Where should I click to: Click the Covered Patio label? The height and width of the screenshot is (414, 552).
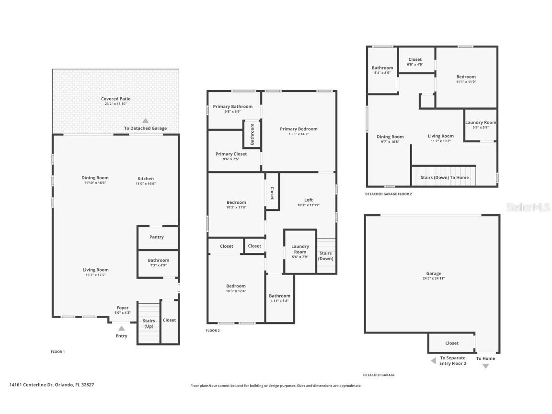point(115,99)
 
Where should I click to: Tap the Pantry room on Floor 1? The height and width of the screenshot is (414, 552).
point(156,237)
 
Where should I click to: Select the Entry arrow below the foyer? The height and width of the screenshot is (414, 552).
point(122,328)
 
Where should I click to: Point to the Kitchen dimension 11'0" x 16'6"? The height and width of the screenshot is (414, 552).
point(146,184)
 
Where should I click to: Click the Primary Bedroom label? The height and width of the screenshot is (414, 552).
point(299,129)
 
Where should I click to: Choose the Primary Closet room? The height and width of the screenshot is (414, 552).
point(231,154)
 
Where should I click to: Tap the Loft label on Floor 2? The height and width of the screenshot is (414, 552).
point(309,200)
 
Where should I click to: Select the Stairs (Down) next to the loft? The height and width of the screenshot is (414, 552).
point(326,256)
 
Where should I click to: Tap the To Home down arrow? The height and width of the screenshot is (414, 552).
point(485,366)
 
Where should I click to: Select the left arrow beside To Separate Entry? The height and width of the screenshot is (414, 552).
point(433,361)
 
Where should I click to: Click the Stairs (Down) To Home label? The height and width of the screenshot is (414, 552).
point(444,177)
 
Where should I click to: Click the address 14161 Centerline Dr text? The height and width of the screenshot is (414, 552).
point(52,384)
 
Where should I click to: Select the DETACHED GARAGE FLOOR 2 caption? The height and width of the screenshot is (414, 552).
point(388,194)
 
